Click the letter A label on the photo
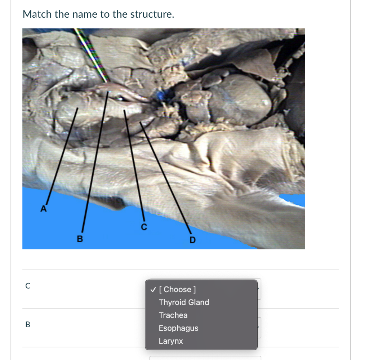(x=44, y=209)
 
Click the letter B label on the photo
(x=80, y=239)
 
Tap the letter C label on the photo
(x=144, y=227)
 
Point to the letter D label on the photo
(x=192, y=240)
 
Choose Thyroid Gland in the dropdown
(x=184, y=302)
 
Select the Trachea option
(x=173, y=315)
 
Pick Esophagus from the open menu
(x=178, y=328)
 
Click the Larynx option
(x=170, y=341)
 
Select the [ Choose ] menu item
(x=177, y=289)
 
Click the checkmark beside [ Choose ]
(x=153, y=290)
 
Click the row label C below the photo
(x=28, y=286)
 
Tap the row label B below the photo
(x=28, y=324)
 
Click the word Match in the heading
(x=37, y=14)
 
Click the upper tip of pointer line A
(x=78, y=108)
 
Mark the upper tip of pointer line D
(x=140, y=122)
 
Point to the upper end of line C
(x=124, y=110)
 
